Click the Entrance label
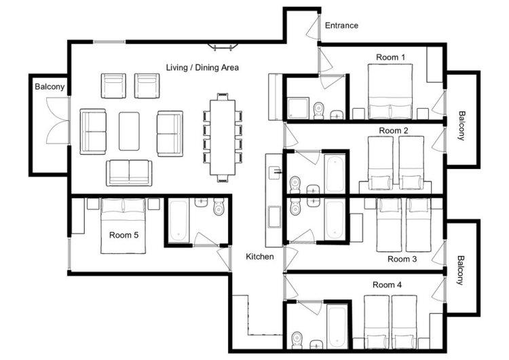[x=341, y=25]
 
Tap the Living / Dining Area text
[x=202, y=67]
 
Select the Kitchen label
[x=260, y=257]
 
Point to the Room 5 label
[x=124, y=235]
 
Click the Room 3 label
[x=402, y=259]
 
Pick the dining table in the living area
[x=223, y=137]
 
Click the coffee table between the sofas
[x=129, y=131]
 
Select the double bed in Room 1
[x=390, y=92]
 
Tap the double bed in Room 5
[x=123, y=226]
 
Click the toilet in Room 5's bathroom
[x=219, y=206]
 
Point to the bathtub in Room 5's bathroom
[x=178, y=221]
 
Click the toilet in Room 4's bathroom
[x=297, y=340]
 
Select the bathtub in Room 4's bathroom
[x=337, y=327]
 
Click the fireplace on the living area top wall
[x=223, y=47]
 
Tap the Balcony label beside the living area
[x=50, y=87]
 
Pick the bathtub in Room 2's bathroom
[x=335, y=173]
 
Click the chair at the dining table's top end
[x=223, y=97]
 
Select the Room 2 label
[x=394, y=130]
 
